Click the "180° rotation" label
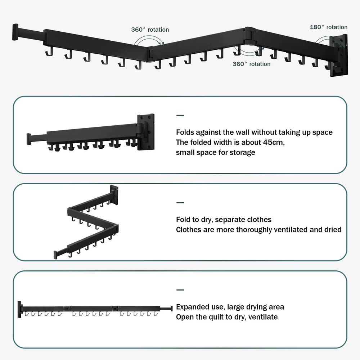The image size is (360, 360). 328,27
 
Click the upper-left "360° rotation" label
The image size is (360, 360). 150,30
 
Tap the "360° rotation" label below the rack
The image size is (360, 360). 251,64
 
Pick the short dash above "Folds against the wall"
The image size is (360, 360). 180,116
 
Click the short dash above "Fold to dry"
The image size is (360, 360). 180,203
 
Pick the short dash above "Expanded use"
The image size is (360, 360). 180,290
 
